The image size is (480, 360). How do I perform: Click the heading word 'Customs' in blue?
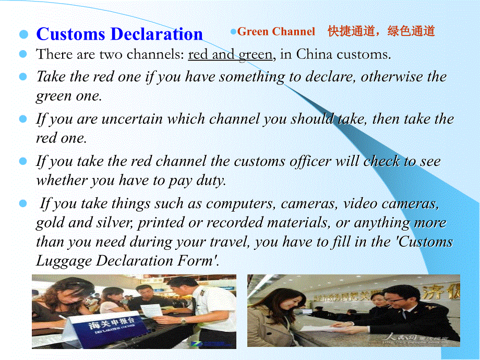(71, 34)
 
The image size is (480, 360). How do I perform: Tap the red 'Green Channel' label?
(276, 32)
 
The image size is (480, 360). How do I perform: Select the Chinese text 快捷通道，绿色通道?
(381, 31)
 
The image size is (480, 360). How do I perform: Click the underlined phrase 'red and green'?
(230, 54)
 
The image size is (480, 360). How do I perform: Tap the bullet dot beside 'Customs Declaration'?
(23, 35)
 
